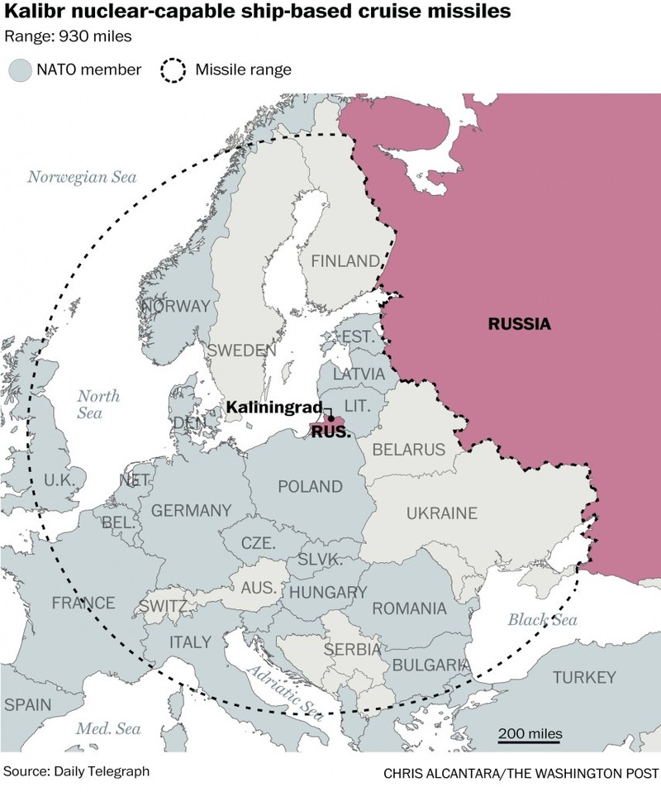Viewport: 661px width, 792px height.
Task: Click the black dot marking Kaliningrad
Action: [x=331, y=419]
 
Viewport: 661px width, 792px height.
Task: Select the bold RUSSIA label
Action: [x=519, y=323]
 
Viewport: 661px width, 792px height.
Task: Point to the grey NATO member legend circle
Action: [x=19, y=69]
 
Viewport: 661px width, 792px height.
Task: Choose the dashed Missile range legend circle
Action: [x=172, y=69]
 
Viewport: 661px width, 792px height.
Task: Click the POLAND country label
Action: [x=310, y=486]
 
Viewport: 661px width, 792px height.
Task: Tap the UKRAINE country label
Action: [x=441, y=513]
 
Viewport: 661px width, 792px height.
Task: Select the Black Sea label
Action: [x=542, y=620]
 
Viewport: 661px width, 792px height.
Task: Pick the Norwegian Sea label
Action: [x=82, y=176]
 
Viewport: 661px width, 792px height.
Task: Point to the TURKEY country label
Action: [x=584, y=678]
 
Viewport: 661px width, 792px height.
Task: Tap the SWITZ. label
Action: [x=162, y=605]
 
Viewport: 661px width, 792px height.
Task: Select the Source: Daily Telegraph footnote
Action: [x=77, y=771]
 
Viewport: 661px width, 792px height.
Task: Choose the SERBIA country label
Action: [x=352, y=650]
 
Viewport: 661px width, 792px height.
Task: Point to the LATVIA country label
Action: [x=359, y=374]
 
